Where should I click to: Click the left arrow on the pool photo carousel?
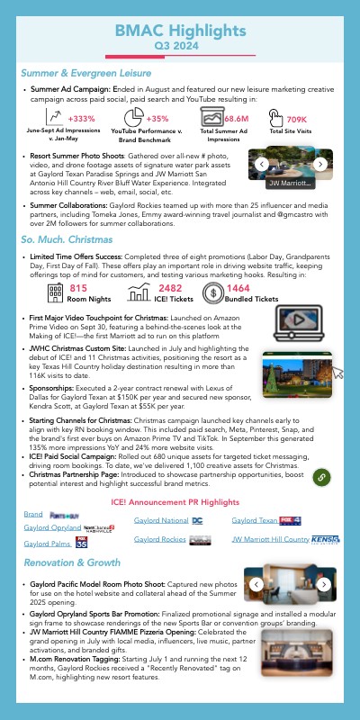pos(260,165)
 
